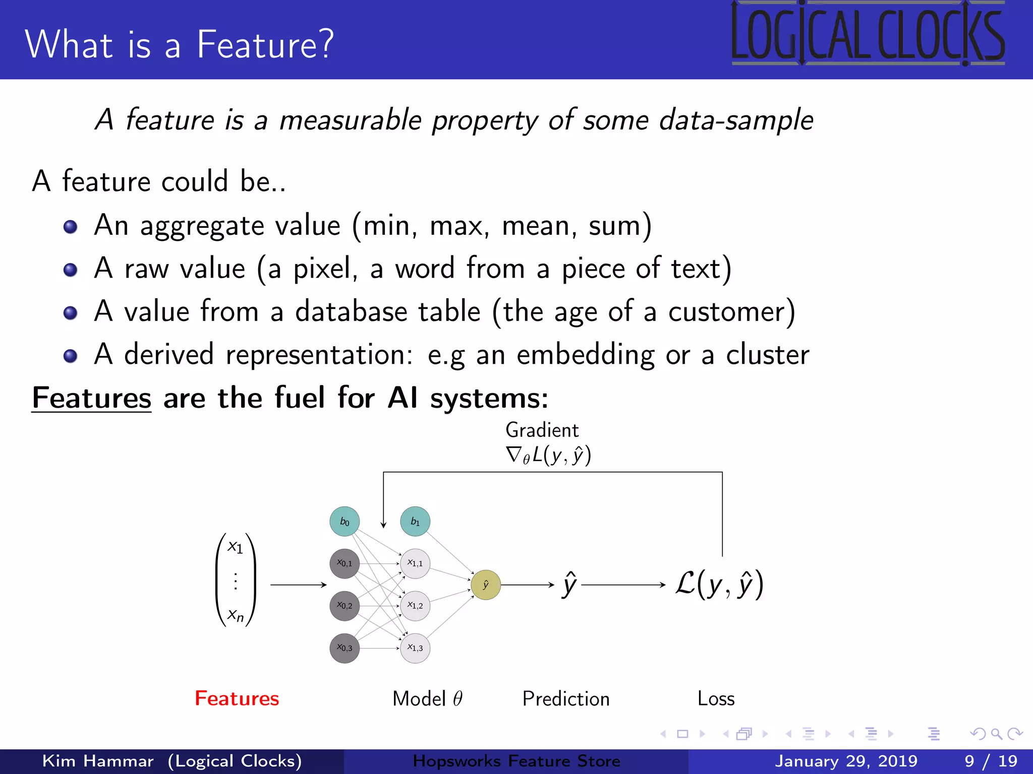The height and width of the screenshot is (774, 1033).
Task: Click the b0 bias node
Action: tap(345, 522)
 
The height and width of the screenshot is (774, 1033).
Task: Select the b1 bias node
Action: tap(415, 522)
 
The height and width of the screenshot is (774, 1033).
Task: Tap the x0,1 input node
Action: tap(345, 563)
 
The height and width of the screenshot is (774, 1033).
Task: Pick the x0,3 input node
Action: tap(345, 648)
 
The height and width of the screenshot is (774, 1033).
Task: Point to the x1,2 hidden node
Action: tap(415, 606)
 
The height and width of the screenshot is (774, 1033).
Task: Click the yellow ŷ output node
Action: tap(486, 585)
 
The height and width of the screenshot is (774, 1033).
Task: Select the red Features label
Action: tap(237, 698)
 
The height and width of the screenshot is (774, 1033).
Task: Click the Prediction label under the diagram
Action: tap(566, 699)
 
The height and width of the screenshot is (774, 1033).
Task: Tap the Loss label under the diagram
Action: tap(716, 698)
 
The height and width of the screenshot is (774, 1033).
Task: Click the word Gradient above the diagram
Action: tap(542, 430)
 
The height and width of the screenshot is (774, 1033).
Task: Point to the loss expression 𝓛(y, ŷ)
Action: tap(719, 585)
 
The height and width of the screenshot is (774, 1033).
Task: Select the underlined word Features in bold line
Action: tap(91, 398)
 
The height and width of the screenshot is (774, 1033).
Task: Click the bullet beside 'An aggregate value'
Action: tap(71, 227)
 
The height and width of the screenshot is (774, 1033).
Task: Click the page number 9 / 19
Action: tap(991, 761)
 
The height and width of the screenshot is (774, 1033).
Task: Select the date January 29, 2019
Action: tap(846, 761)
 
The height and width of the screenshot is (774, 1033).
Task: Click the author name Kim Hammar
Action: tap(98, 761)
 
